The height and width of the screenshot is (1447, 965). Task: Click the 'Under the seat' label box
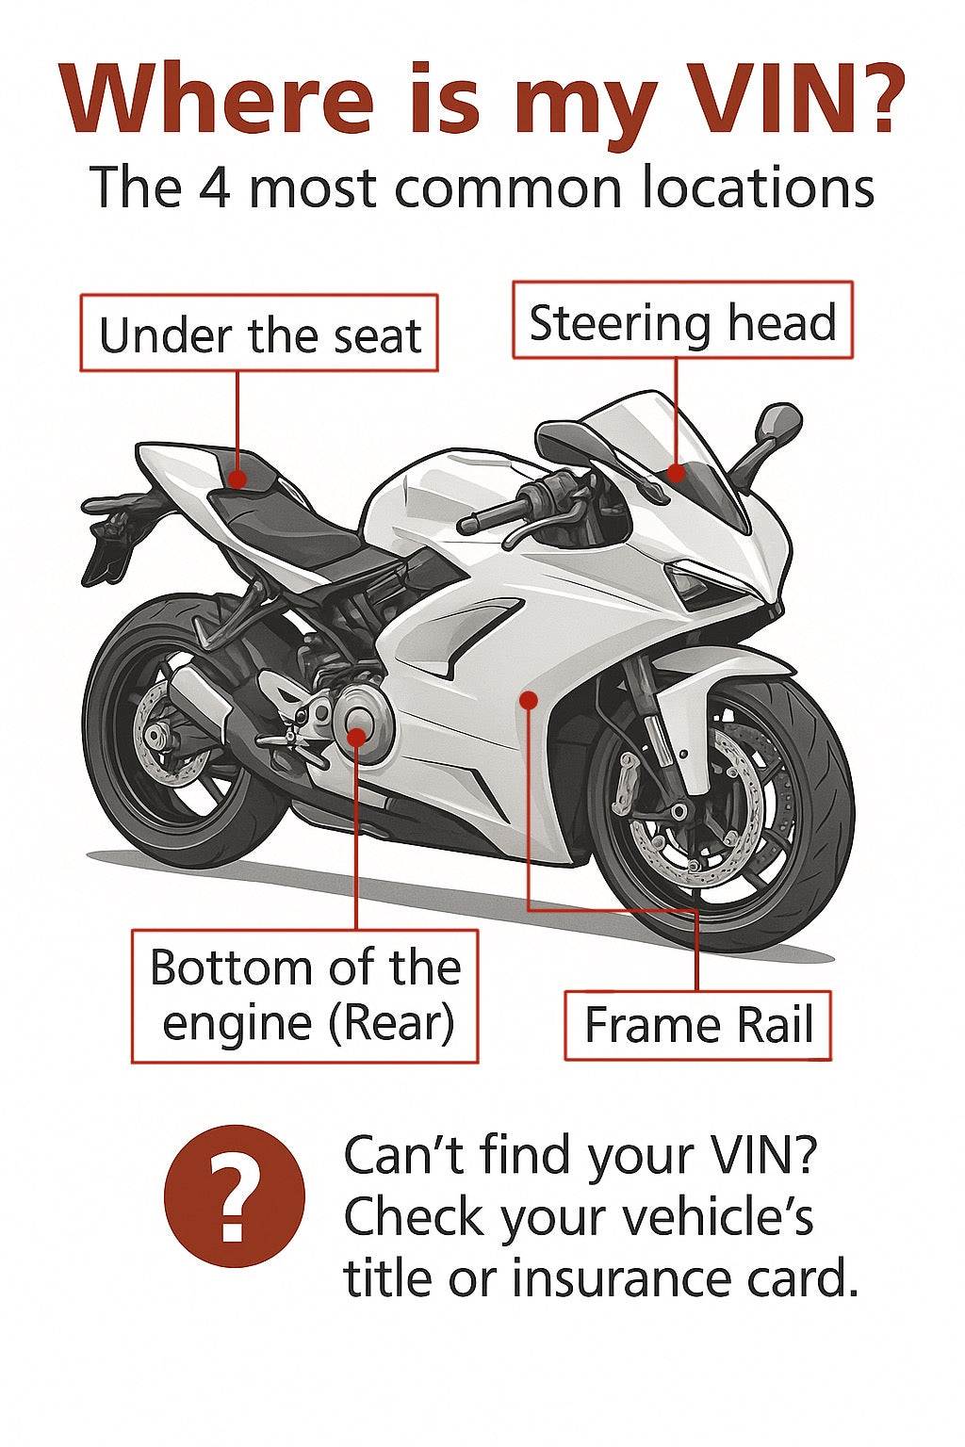point(259,333)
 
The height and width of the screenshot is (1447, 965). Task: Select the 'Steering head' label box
point(682,320)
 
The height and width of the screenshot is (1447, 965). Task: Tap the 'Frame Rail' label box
point(697,1026)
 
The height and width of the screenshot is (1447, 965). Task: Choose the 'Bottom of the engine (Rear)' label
point(304,996)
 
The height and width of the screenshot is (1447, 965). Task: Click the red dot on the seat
point(237,480)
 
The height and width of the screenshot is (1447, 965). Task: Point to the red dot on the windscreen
point(675,473)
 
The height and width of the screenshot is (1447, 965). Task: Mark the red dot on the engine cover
point(356,737)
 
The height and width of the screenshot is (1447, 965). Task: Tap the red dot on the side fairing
point(529,700)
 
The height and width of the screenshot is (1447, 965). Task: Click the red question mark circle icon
point(235,1196)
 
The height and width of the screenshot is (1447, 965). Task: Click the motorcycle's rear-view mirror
point(778,423)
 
